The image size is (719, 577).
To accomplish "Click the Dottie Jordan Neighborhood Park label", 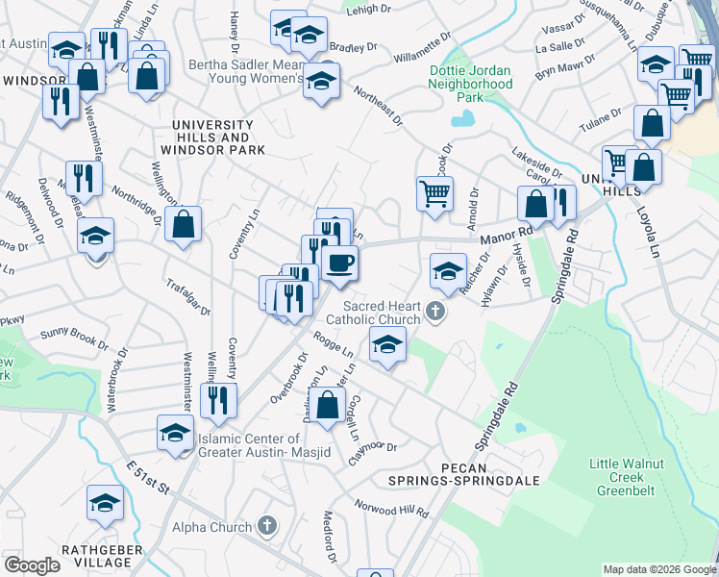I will (471, 84).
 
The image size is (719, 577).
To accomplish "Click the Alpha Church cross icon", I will (266, 527).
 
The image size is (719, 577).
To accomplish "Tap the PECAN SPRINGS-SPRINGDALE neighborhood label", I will (459, 471).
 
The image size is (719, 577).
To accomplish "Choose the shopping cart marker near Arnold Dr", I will (434, 192).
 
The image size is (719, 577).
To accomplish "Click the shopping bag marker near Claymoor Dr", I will (328, 404).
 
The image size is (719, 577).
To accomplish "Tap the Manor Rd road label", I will (506, 234).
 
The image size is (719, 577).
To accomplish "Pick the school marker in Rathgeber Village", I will (105, 502).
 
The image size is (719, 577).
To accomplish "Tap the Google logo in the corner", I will (32, 565).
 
